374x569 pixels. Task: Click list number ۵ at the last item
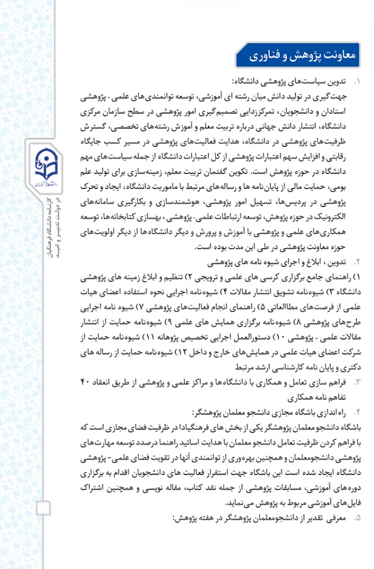357,519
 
